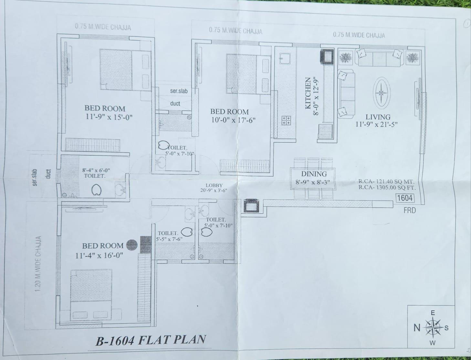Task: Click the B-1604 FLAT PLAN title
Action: tap(151, 340)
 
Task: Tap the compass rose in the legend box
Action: tap(433, 327)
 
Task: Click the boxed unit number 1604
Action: tap(404, 198)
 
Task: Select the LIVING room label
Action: tap(378, 117)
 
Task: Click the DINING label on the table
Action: tap(314, 174)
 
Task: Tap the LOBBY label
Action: tap(214, 185)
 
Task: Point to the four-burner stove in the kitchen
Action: tap(286, 120)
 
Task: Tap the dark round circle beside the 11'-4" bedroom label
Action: tap(131, 245)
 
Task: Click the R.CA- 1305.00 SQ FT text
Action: tap(387, 187)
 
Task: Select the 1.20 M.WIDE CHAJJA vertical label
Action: tap(38, 264)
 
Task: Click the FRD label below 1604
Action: tap(410, 210)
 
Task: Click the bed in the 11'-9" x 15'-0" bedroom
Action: tap(124, 69)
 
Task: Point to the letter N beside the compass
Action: tap(417, 328)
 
